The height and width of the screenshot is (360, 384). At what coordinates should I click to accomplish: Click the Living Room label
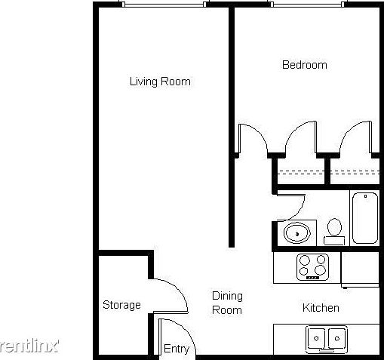(x=159, y=82)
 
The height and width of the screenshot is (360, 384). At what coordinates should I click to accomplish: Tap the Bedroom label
(x=304, y=65)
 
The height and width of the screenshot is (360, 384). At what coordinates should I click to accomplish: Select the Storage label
(x=121, y=305)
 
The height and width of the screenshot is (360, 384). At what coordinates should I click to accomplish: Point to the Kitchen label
(x=321, y=308)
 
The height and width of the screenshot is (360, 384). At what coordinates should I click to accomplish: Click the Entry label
(x=177, y=349)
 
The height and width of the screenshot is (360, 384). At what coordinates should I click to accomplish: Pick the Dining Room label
(x=226, y=303)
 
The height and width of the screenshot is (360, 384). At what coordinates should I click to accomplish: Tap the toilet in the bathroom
(x=334, y=230)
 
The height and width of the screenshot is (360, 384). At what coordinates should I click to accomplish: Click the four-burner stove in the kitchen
(x=314, y=266)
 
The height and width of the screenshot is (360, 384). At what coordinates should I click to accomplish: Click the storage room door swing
(x=170, y=294)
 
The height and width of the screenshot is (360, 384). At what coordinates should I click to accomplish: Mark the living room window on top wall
(x=164, y=5)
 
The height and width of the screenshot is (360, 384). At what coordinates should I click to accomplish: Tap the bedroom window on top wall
(x=305, y=5)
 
